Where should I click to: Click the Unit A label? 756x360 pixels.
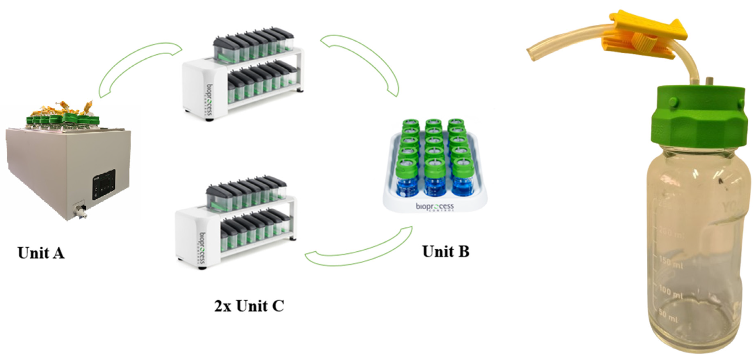(x=41, y=253)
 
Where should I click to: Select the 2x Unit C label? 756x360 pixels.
(x=249, y=306)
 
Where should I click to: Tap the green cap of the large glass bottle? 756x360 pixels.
(x=698, y=117)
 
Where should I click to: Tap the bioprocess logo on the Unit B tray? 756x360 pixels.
(x=435, y=207)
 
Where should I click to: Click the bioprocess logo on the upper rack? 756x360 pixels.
(x=210, y=100)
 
